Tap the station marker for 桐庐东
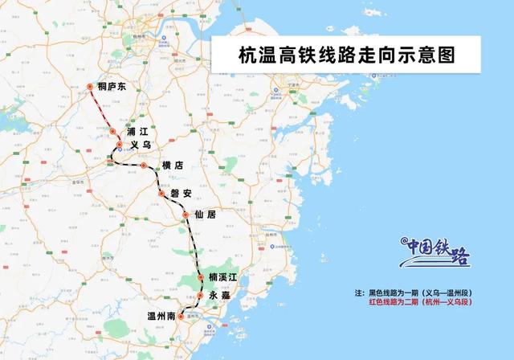[x=90, y=87]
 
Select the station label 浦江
[x=138, y=131]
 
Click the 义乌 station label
[x=141, y=145]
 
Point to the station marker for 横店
[x=143, y=166]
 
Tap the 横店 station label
[x=172, y=166]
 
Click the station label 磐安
[x=181, y=193]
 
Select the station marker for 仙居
[x=189, y=215]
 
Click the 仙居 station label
[x=206, y=215]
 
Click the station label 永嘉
[x=218, y=296]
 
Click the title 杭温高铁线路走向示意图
[x=346, y=55]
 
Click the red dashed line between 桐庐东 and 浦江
[x=100, y=108]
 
